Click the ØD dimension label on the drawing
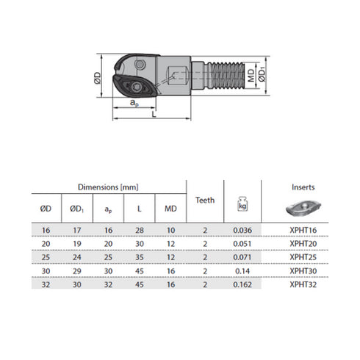pos(98,78)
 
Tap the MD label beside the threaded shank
pos(251,75)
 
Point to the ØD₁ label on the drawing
pos(262,75)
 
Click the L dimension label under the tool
pos(154,114)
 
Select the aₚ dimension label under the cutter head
pos(134,103)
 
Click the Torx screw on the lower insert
pos(135,87)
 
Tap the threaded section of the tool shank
pos(226,75)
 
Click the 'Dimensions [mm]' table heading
pos(108,187)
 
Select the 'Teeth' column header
pos(205,200)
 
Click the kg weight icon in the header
pos(242,204)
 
